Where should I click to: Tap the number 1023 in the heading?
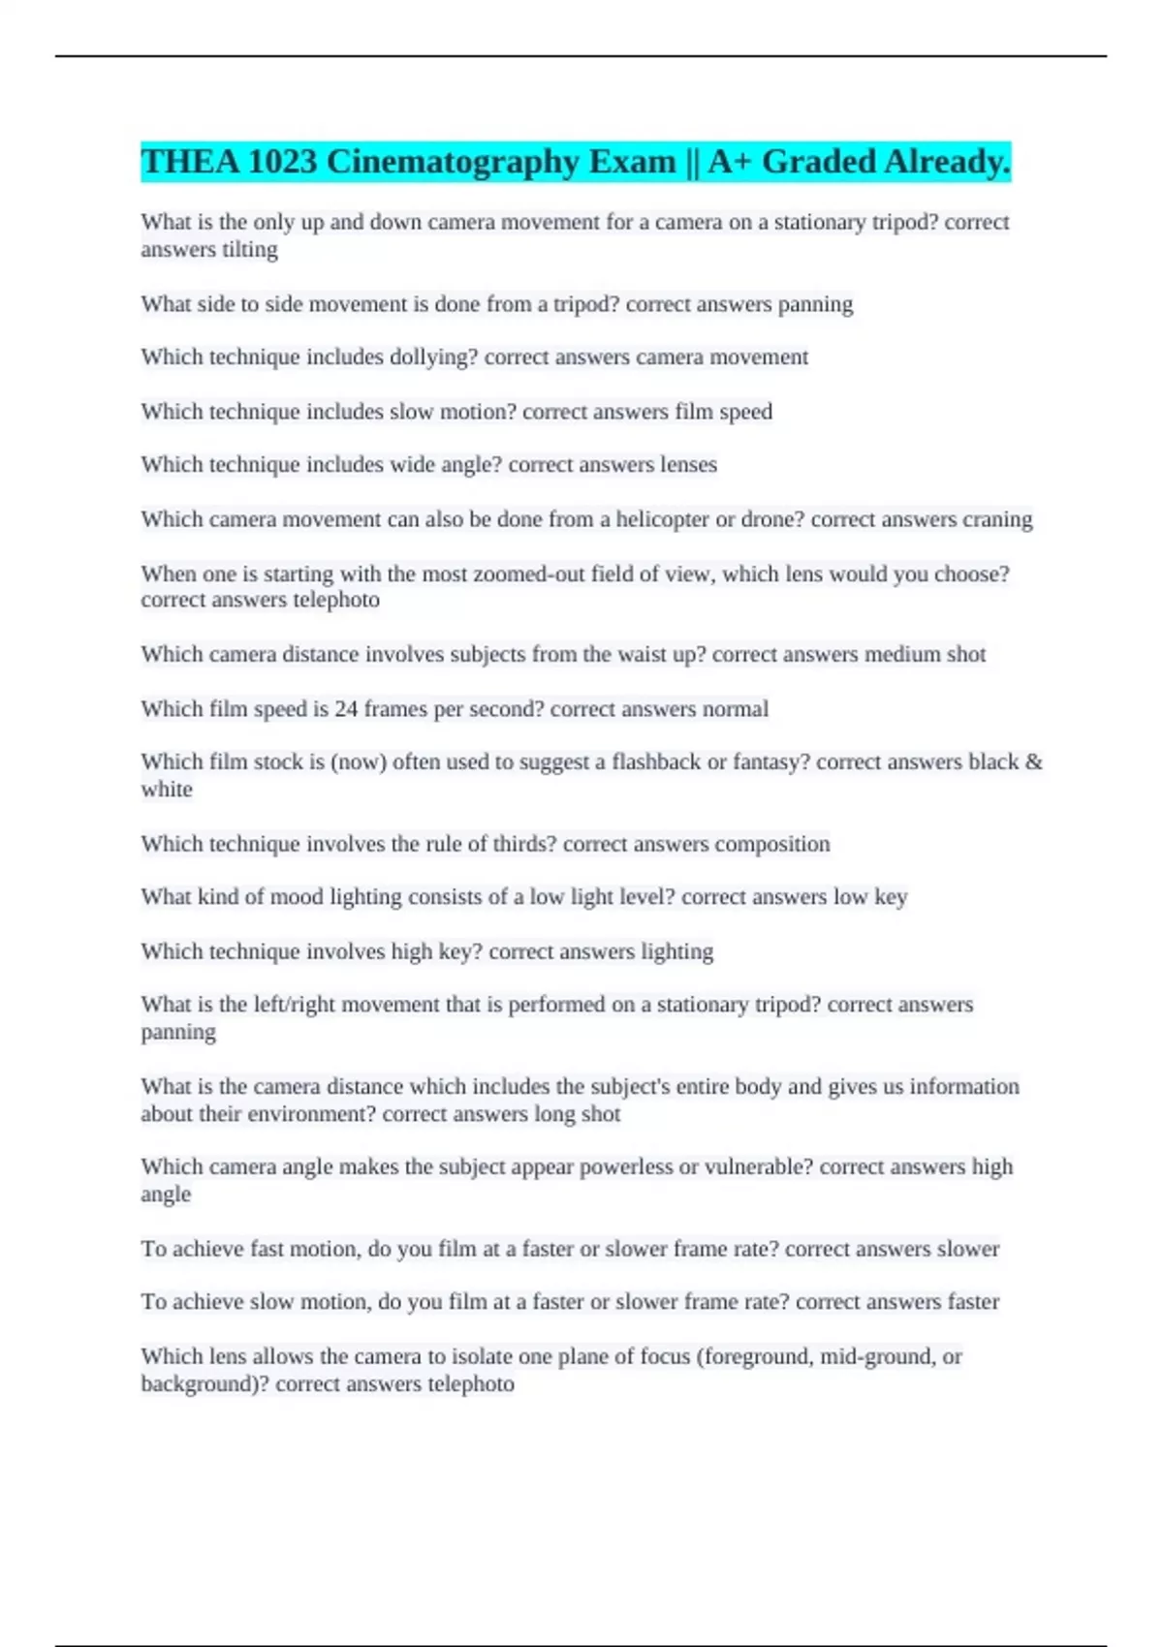pyautogui.click(x=282, y=162)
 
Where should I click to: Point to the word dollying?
pyautogui.click(x=433, y=357)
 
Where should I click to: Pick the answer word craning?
pyautogui.click(x=997, y=519)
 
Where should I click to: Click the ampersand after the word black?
pyautogui.click(x=1033, y=761)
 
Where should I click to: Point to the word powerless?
pyautogui.click(x=626, y=1166)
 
